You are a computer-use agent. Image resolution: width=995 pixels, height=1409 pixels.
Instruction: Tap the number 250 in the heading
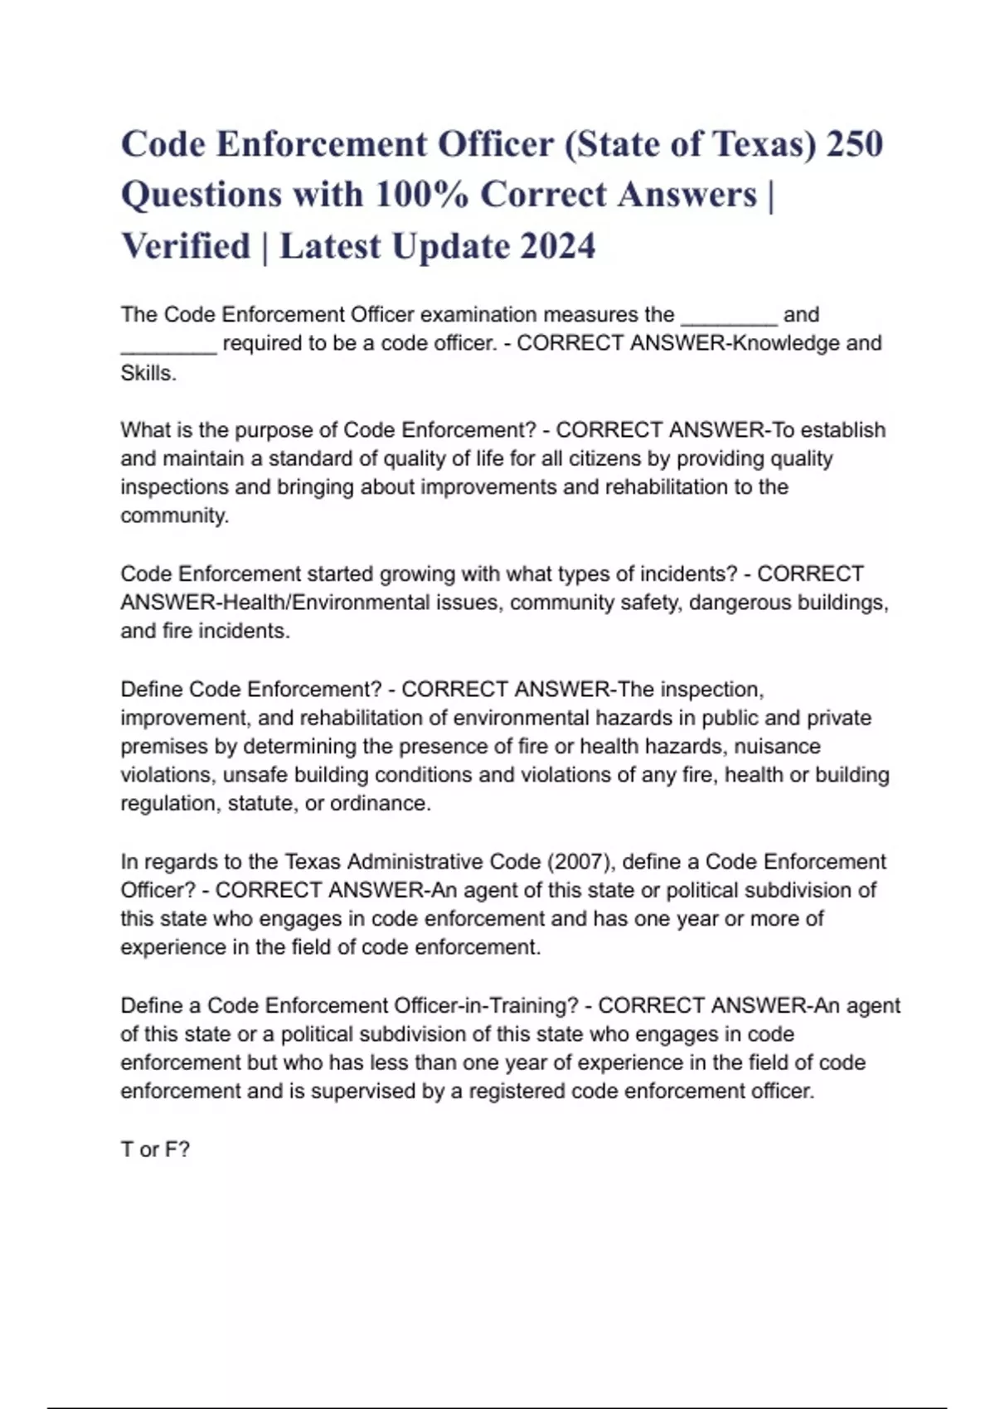tap(855, 144)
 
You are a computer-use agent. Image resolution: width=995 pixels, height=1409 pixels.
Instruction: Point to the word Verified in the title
tap(186, 246)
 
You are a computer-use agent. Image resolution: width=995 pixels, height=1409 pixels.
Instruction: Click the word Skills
tap(148, 373)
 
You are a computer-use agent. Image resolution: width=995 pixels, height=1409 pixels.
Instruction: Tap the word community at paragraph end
tap(173, 516)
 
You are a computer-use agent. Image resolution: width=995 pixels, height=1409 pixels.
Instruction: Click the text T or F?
tap(155, 1150)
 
